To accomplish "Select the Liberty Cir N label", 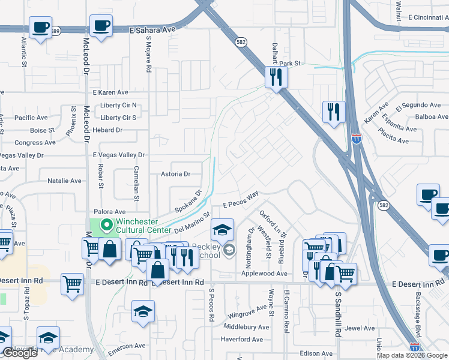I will [x=118, y=105].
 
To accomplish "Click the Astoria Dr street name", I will [x=175, y=174].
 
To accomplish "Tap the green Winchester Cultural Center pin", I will [x=107, y=226].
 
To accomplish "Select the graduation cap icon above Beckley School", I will [x=221, y=230].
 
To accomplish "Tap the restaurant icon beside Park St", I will [x=277, y=77].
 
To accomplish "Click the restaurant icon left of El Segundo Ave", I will [x=333, y=112].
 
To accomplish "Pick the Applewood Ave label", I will [x=264, y=273].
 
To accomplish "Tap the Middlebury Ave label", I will [x=246, y=327].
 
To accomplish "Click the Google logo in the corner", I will [x=20, y=353].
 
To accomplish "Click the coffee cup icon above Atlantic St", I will [x=40, y=28].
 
